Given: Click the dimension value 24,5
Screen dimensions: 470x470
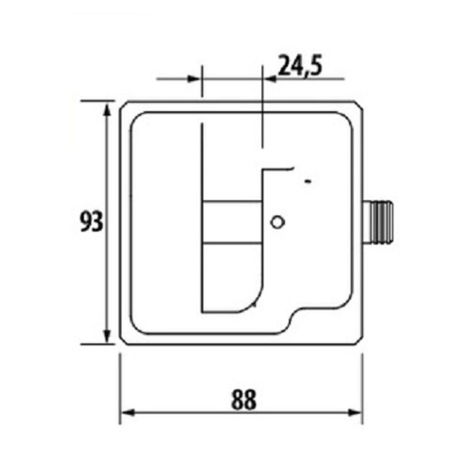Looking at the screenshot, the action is pyautogui.click(x=300, y=66).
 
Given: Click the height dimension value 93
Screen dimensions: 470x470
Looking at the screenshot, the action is pyautogui.click(x=92, y=221).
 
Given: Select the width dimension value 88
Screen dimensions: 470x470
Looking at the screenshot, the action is pyautogui.click(x=244, y=399).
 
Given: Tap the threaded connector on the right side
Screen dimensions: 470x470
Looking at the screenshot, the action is pyautogui.click(x=378, y=222).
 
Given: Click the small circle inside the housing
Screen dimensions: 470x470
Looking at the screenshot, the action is pyautogui.click(x=277, y=222).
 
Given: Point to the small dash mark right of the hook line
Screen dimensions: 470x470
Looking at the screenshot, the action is pyautogui.click(x=307, y=181).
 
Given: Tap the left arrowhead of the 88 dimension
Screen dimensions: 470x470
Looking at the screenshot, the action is pyautogui.click(x=127, y=413).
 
